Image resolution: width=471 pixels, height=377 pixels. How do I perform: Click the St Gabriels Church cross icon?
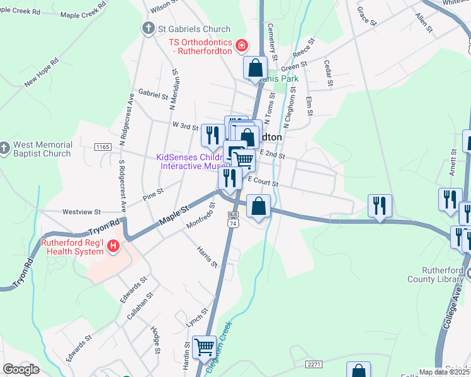(148, 29)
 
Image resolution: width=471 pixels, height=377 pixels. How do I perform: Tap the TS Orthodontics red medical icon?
(241, 45)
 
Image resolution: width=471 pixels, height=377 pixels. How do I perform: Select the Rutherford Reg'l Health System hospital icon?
(113, 246)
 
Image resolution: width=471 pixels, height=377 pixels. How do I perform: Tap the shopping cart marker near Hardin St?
(203, 346)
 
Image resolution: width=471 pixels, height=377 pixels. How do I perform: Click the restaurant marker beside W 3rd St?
(212, 134)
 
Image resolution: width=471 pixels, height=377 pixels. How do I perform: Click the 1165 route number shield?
(102, 146)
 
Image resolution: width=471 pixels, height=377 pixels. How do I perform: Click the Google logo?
(21, 369)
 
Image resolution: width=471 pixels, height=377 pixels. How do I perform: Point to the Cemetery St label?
(271, 38)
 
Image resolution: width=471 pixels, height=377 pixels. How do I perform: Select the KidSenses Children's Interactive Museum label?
(188, 162)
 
